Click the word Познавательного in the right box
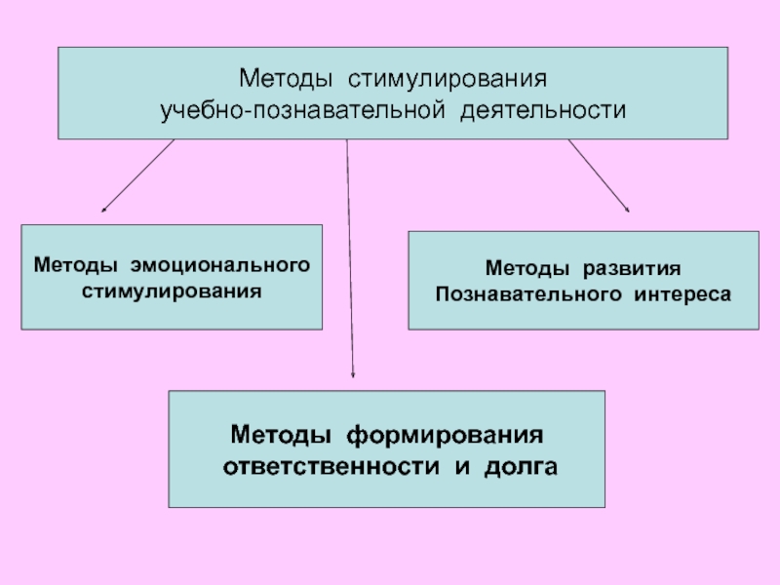tap(521, 292)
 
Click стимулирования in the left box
tap(174, 291)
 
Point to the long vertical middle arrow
tap(349, 253)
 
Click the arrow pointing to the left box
tap(138, 175)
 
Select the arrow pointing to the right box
tap(599, 175)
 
